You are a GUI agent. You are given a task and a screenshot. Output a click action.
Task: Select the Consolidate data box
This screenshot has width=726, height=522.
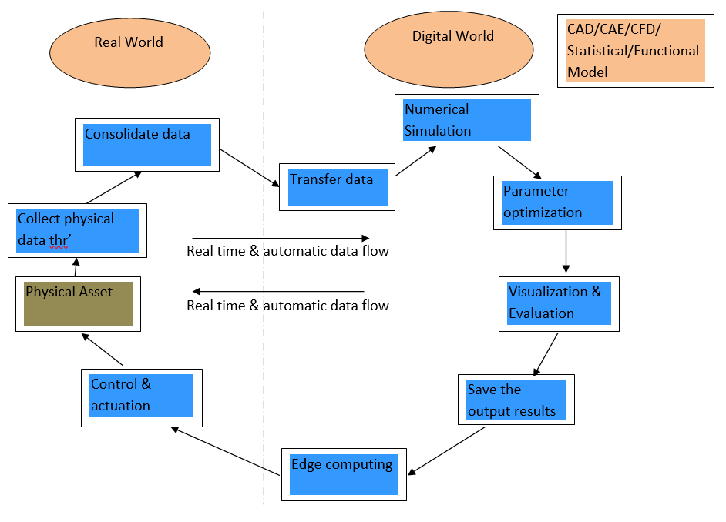click(147, 144)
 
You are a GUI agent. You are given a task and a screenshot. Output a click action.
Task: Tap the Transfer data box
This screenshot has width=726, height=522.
click(337, 187)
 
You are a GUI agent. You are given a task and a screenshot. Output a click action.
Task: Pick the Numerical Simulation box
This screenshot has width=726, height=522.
click(466, 119)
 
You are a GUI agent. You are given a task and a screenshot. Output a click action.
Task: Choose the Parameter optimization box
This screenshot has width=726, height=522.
click(557, 202)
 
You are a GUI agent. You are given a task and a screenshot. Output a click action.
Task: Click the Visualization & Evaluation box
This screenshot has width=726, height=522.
click(559, 303)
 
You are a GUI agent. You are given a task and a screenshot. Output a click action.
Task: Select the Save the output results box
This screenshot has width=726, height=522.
click(516, 400)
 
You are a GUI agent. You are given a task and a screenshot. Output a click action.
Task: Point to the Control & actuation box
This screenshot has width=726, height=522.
click(141, 397)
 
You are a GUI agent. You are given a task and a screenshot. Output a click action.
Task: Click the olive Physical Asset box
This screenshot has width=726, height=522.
click(79, 303)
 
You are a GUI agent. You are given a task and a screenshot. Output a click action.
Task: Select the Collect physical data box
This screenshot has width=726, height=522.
click(77, 230)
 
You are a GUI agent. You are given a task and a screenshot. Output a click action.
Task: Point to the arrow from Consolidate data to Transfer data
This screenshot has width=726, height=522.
click(249, 167)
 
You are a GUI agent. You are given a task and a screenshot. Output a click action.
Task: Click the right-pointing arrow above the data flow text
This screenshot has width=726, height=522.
click(281, 238)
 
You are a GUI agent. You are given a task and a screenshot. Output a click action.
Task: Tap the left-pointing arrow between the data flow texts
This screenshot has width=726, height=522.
click(277, 291)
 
